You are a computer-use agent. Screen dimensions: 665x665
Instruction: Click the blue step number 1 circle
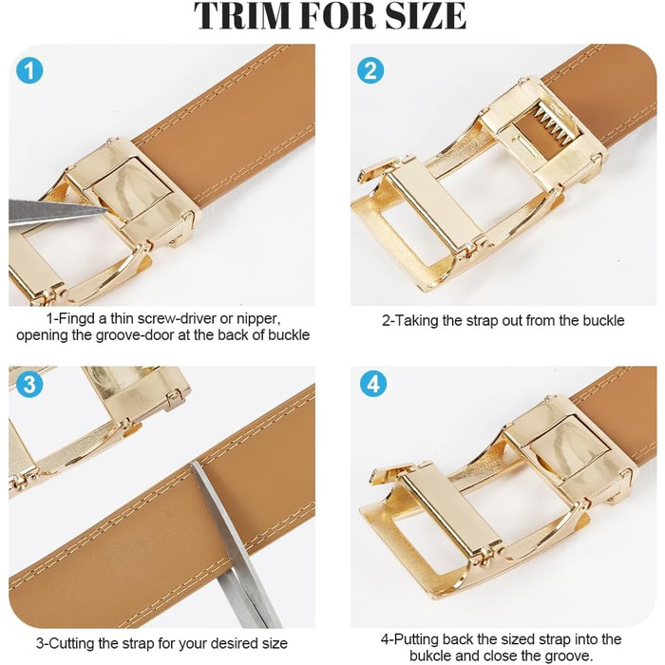29,70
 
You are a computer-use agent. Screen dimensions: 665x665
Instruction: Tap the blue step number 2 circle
370,70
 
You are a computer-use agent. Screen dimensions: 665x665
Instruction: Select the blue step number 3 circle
29,384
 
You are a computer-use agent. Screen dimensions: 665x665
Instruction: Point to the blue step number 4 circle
373,384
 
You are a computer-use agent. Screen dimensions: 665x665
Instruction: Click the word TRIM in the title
241,15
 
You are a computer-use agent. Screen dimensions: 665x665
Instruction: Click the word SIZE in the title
426,15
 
